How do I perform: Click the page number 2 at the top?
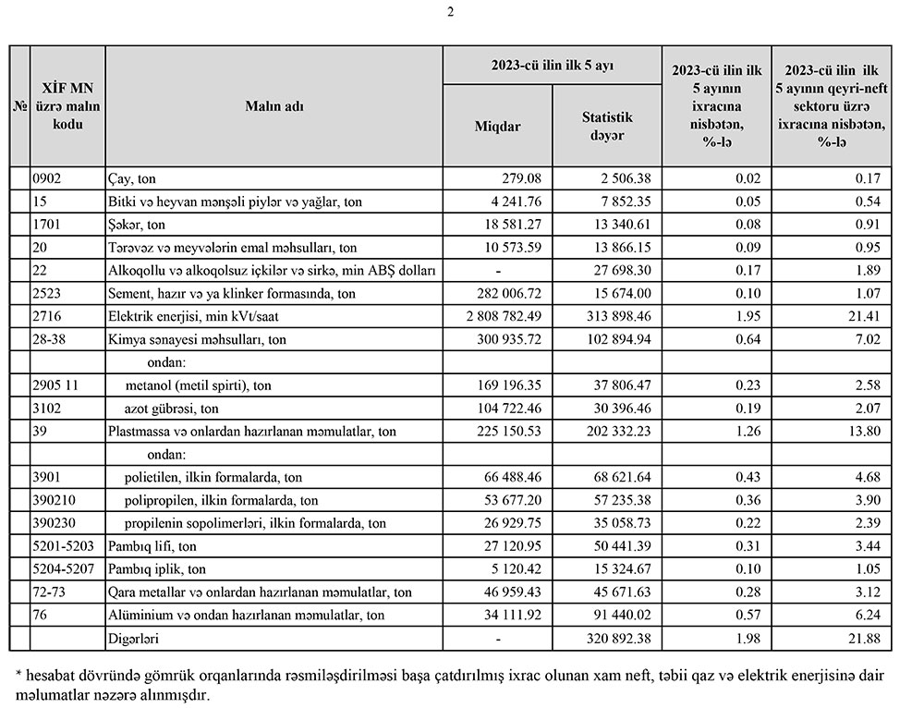(x=450, y=12)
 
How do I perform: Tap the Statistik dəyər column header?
(x=606, y=126)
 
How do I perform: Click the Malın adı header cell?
(x=274, y=105)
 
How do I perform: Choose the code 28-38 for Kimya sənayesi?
(x=49, y=339)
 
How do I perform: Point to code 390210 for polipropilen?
(x=53, y=500)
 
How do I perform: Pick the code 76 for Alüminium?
(x=40, y=615)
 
